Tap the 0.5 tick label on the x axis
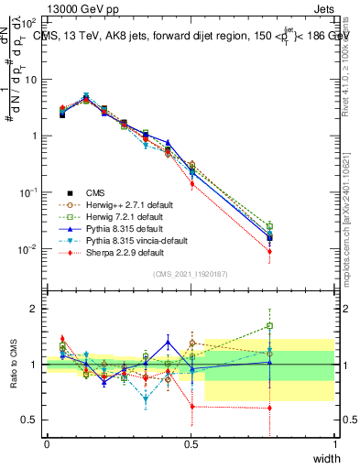click(191, 444)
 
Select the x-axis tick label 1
click(335, 444)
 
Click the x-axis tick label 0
click(48, 444)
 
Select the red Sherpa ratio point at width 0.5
click(191, 407)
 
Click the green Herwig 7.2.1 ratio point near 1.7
click(269, 325)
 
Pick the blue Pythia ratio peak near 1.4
click(168, 342)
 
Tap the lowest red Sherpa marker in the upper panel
click(269, 251)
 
